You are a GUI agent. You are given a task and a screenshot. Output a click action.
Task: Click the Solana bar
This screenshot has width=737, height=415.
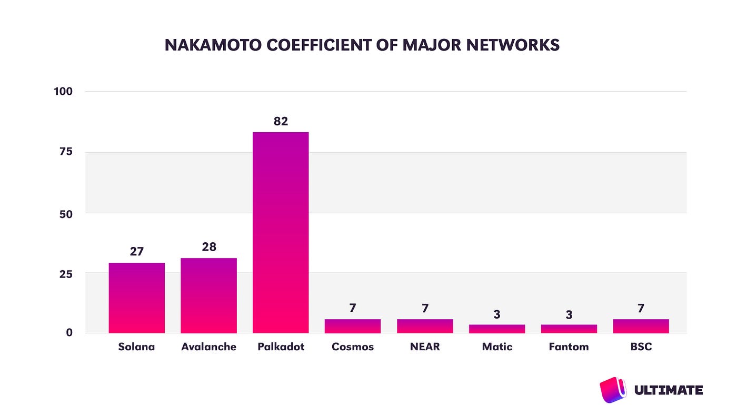[x=137, y=298]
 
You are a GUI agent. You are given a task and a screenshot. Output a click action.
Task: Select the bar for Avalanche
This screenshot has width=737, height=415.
[x=208, y=295]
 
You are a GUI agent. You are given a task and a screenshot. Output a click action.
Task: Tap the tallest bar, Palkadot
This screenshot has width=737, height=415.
[x=281, y=232]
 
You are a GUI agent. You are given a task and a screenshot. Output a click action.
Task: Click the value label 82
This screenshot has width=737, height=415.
[x=281, y=121]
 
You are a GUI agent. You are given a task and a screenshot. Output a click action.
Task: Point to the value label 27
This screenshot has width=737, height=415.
[x=137, y=251]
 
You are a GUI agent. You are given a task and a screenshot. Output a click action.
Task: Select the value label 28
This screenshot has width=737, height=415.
[x=209, y=246]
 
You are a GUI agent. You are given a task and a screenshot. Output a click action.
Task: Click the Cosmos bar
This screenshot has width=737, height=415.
[x=353, y=326]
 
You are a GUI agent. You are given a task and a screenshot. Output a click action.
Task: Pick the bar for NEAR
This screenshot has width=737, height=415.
[x=425, y=326]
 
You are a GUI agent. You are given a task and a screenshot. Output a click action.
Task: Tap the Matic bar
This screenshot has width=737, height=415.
[x=497, y=329]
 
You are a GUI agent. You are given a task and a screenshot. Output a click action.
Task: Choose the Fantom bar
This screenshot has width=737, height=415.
[x=569, y=329]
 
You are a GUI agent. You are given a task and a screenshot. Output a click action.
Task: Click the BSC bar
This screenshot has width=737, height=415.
[x=641, y=326]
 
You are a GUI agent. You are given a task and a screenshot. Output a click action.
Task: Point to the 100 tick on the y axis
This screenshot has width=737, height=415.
[x=63, y=91]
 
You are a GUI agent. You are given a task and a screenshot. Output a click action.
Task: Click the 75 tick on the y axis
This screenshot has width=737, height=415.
[x=66, y=152]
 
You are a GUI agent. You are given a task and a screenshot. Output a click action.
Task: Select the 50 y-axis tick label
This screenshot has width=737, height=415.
[x=66, y=213]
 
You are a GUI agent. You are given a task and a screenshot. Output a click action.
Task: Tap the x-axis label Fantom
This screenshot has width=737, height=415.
[x=569, y=347]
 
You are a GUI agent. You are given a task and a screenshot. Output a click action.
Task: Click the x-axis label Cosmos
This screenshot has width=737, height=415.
[x=353, y=347]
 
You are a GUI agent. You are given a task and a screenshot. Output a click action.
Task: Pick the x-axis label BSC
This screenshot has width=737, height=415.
[x=641, y=347]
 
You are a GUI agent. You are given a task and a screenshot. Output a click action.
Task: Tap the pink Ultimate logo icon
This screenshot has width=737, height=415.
[x=613, y=390]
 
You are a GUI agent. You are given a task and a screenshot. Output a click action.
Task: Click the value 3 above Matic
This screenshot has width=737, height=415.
[x=497, y=314]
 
